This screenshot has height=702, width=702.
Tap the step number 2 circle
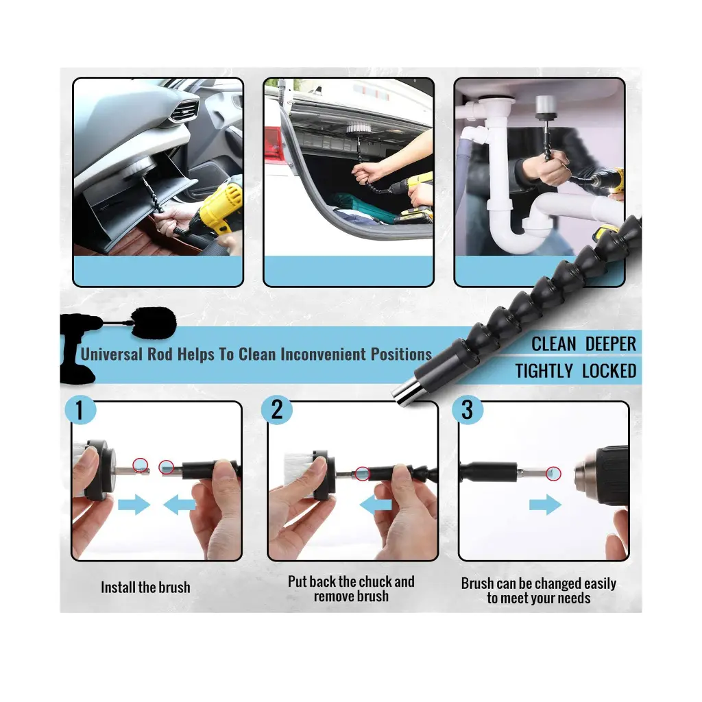276,410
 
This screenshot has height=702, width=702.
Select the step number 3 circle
468,410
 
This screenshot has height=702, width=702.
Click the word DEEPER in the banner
610,344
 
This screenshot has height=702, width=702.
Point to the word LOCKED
609,372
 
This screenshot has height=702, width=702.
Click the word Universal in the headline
112,354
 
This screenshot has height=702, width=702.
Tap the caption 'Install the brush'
145,588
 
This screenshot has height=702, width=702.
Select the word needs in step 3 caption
572,598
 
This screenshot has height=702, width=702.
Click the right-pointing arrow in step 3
545,505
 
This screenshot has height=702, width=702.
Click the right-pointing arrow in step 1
134,505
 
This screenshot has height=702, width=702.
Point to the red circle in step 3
554,473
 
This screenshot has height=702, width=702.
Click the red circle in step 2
363,473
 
